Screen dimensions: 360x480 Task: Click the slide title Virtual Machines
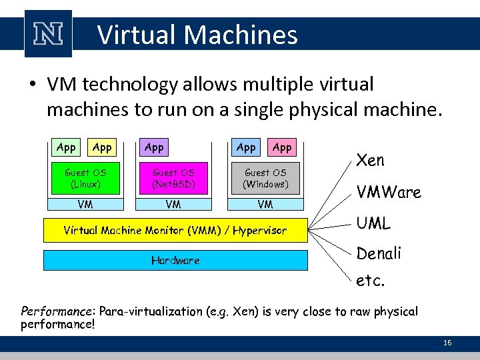(197, 35)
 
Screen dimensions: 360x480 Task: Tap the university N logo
(48, 34)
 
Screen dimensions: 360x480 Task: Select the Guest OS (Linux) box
(85, 178)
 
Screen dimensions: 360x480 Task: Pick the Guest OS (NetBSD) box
(173, 178)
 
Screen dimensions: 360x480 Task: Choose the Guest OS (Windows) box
(265, 178)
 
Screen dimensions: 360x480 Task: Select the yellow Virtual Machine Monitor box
(175, 231)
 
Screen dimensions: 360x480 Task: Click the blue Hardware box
(175, 260)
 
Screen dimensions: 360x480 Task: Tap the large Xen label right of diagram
(371, 160)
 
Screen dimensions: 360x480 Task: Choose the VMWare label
(389, 193)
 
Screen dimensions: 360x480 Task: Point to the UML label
(374, 223)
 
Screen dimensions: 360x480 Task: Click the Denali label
(379, 253)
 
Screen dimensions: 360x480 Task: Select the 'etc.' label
(371, 281)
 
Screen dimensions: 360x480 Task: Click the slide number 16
(447, 343)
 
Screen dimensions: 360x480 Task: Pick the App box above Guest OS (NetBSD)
(154, 147)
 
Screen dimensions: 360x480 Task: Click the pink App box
(282, 147)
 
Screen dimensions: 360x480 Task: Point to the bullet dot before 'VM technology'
(31, 85)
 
